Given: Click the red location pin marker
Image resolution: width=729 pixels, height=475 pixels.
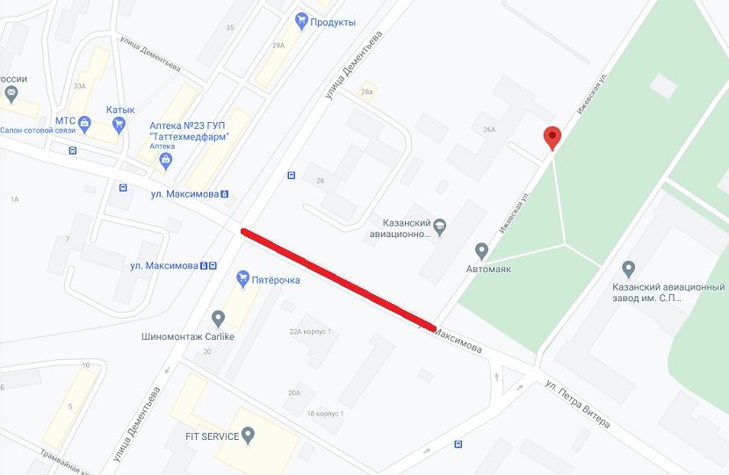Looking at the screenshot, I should [x=552, y=138].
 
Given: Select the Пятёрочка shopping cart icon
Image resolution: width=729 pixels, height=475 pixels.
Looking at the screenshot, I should [x=244, y=279].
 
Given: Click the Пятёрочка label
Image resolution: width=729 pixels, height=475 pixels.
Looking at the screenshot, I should [x=277, y=280].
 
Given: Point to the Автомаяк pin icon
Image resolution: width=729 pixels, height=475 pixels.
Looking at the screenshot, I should [x=481, y=250].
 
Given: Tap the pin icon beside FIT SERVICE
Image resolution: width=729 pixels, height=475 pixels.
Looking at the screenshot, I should [x=249, y=434].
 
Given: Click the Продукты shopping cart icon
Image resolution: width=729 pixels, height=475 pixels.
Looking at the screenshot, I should [x=302, y=20].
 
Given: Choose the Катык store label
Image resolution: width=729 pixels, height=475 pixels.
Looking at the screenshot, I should [x=120, y=110].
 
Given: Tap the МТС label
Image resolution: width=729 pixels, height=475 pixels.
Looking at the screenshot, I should [x=66, y=121].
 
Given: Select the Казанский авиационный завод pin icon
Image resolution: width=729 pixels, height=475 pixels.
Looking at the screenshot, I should [x=628, y=268].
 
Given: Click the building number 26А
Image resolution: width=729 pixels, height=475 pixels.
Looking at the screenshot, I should [x=489, y=130].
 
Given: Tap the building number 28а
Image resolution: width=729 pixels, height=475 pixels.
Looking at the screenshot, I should [x=367, y=91].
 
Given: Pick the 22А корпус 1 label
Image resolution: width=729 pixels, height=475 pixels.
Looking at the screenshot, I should [x=310, y=332].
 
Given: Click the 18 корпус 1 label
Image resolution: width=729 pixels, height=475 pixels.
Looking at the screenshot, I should [x=324, y=414].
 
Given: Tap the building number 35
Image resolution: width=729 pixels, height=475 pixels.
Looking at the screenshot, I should [x=230, y=27].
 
